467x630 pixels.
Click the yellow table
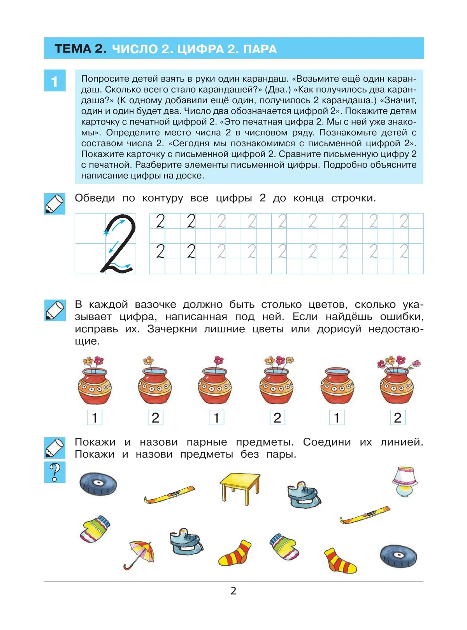click(x=240, y=487)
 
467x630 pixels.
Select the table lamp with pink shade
click(x=405, y=481)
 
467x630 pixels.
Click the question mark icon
click(x=55, y=472)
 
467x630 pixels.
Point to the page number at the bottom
click(x=233, y=591)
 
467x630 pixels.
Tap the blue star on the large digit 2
click(x=106, y=232)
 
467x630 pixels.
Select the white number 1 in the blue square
click(x=54, y=81)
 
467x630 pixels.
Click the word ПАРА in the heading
click(x=260, y=49)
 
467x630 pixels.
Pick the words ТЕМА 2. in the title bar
click(x=81, y=49)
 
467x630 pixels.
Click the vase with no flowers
click(x=337, y=386)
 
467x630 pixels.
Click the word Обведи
click(x=95, y=198)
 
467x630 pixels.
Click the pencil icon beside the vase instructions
click(x=55, y=310)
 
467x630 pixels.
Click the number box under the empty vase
click(x=337, y=418)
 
